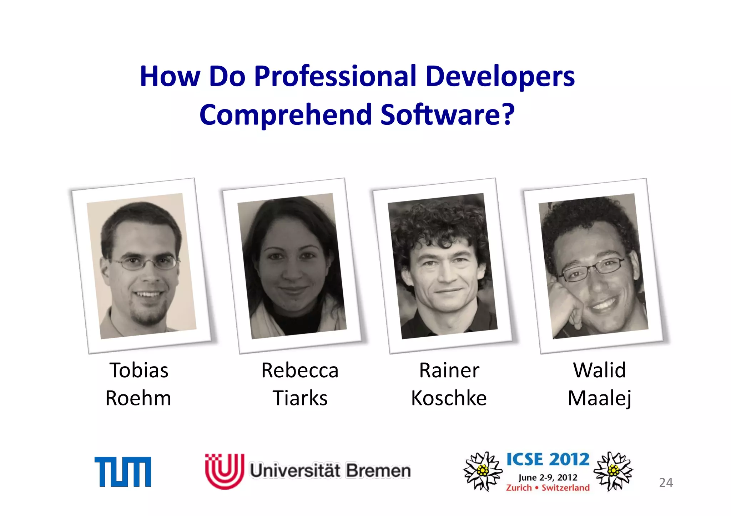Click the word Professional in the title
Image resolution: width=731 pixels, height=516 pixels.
pyautogui.click(x=335, y=77)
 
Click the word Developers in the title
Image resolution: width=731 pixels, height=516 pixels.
pyautogui.click(x=500, y=77)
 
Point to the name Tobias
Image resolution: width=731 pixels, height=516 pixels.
pyautogui.click(x=139, y=370)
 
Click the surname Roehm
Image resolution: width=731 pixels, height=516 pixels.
pyautogui.click(x=138, y=398)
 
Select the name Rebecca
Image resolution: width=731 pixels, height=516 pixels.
pyautogui.click(x=300, y=370)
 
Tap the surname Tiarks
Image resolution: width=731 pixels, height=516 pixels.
pyautogui.click(x=300, y=398)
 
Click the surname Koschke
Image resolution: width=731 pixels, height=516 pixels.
pyautogui.click(x=449, y=398)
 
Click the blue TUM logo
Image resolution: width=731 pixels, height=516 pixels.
pyautogui.click(x=123, y=471)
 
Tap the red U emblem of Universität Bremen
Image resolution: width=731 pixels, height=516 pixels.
pyautogui.click(x=225, y=471)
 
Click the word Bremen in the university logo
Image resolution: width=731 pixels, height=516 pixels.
pyautogui.click(x=378, y=471)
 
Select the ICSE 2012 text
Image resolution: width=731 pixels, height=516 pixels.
pyautogui.click(x=548, y=459)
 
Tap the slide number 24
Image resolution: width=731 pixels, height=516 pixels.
pyautogui.click(x=666, y=483)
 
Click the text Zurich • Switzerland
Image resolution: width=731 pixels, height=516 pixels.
pyautogui.click(x=548, y=488)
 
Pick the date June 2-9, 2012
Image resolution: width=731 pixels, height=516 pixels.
pyautogui.click(x=548, y=477)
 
